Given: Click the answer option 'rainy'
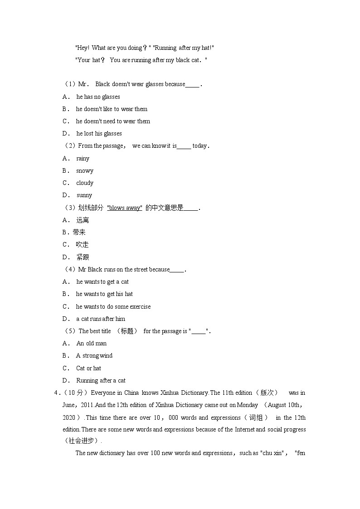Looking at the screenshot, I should pyautogui.click(x=83, y=159).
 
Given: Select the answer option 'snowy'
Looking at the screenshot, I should pyautogui.click(x=84, y=171).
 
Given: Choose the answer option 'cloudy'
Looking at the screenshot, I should pyautogui.click(x=84, y=183).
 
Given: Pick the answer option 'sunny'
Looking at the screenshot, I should pyautogui.click(x=84, y=195).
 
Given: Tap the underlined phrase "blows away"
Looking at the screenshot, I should pyautogui.click(x=125, y=208).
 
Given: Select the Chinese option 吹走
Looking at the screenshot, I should pyautogui.click(x=82, y=245).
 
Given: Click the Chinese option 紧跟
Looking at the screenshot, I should pyautogui.click(x=83, y=257).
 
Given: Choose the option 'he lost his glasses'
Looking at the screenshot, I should pyautogui.click(x=99, y=134).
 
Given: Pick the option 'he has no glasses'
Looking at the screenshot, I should pyautogui.click(x=98, y=97).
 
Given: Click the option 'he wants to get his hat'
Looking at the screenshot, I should pyautogui.click(x=104, y=294).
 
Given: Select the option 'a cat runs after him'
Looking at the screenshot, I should pyautogui.click(x=100, y=319).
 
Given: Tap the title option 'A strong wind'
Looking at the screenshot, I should pyautogui.click(x=94, y=356).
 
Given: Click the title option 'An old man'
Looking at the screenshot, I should pyautogui.click(x=91, y=344).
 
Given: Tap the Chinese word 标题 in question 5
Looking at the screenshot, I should pyautogui.click(x=127, y=331).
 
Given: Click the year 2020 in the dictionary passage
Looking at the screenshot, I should pyautogui.click(x=69, y=418).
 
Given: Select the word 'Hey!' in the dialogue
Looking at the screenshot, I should pyautogui.click(x=83, y=48).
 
